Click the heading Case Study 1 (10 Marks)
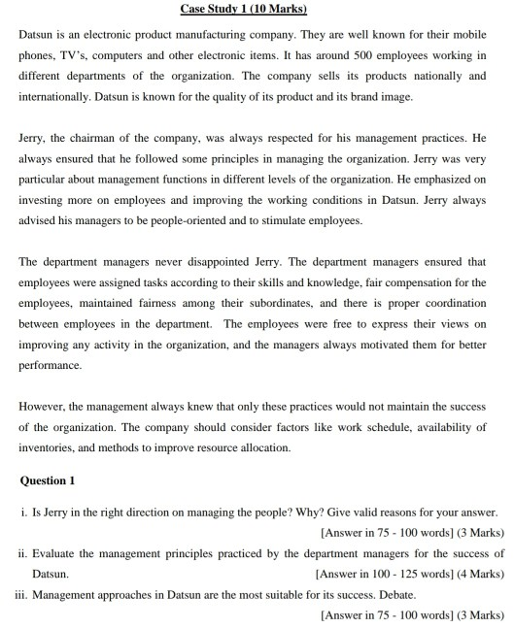pos(257,10)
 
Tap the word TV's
pos(79,54)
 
